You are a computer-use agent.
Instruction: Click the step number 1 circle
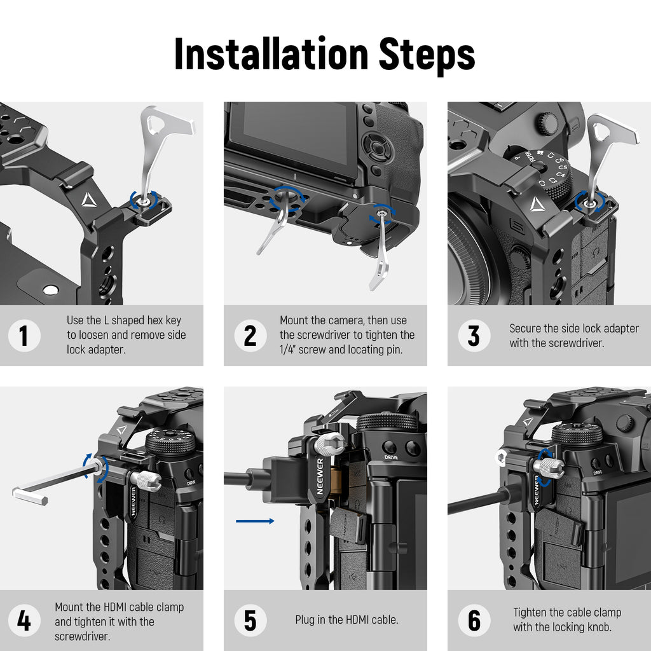pyautogui.click(x=24, y=336)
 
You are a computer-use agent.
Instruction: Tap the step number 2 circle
pyautogui.click(x=250, y=336)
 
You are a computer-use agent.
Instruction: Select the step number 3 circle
pyautogui.click(x=474, y=336)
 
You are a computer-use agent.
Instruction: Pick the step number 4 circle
pyautogui.click(x=24, y=620)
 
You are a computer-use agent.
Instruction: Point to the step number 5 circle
pyautogui.click(x=250, y=620)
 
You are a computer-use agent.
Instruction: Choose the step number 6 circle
pyautogui.click(x=474, y=620)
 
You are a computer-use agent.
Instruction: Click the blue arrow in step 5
pyautogui.click(x=255, y=521)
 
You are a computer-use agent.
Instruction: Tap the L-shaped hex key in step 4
pyautogui.click(x=51, y=484)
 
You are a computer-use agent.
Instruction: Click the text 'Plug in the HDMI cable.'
pyautogui.click(x=346, y=620)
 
